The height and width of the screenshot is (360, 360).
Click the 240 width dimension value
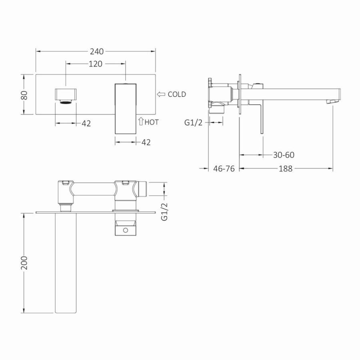pyautogui.click(x=97, y=52)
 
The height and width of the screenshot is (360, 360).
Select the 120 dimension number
pyautogui.click(x=96, y=64)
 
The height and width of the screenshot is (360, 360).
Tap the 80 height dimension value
pyautogui.click(x=24, y=95)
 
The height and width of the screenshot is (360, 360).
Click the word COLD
pyautogui.click(x=177, y=94)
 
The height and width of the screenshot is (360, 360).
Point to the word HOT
pyautogui.click(x=152, y=122)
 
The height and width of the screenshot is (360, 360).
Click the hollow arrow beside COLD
pyautogui.click(x=161, y=94)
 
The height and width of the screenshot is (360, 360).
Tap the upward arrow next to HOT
pyautogui.click(x=141, y=121)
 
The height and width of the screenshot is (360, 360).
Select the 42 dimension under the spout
pyautogui.click(x=86, y=124)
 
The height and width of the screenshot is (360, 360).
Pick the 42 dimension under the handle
pyautogui.click(x=146, y=142)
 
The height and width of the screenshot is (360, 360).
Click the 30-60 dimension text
pyautogui.click(x=284, y=155)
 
